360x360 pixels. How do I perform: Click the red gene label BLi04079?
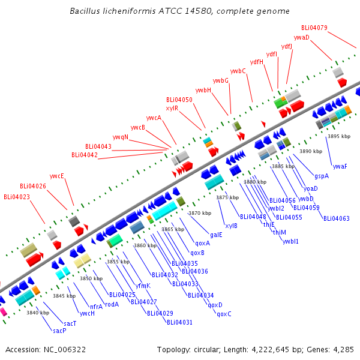click(314, 28)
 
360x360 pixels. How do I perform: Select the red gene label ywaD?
click(301, 37)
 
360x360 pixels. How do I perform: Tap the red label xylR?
click(172, 108)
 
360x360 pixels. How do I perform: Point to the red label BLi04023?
click(17, 197)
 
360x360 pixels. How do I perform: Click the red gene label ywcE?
click(57, 176)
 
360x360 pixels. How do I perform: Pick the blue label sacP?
click(59, 331)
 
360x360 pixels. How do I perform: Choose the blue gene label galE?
click(216, 235)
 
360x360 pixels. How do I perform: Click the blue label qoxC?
click(224, 314)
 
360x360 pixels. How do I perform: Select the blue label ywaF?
click(340, 166)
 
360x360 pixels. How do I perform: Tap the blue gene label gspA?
click(322, 176)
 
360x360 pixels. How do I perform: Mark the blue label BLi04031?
click(179, 322)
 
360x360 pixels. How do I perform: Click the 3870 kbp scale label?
click(200, 213)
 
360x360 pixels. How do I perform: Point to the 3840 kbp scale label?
click(38, 313)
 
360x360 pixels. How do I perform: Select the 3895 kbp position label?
click(339, 136)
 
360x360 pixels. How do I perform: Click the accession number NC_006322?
click(65, 350)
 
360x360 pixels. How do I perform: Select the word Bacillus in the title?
click(85, 11)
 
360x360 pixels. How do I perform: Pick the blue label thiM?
click(280, 232)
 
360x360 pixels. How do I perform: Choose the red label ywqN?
click(121, 137)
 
